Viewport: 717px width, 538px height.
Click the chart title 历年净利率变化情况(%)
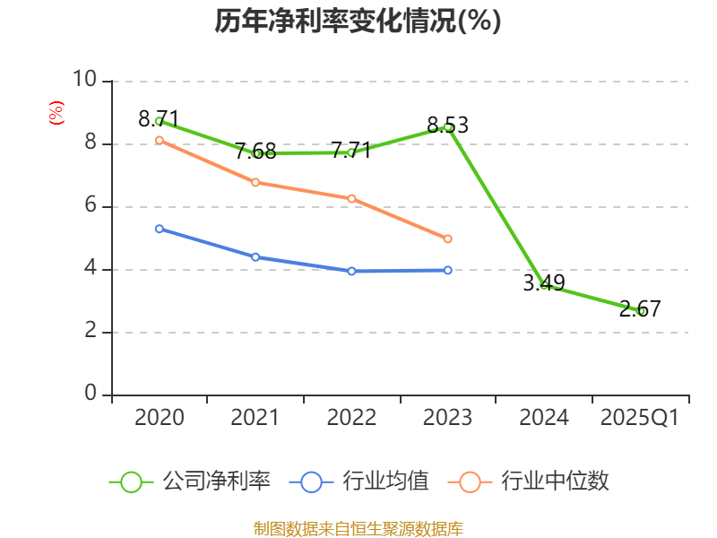[358, 21]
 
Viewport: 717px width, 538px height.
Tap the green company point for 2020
[159, 121]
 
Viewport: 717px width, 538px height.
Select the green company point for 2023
[448, 126]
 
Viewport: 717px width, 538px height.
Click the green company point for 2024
[544, 285]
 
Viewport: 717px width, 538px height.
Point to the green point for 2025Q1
[641, 310]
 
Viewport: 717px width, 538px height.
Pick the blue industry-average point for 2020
[159, 229]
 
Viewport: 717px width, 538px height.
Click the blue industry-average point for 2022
[351, 271]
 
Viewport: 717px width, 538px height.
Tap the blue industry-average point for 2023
[448, 270]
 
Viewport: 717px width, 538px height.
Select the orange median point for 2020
[159, 140]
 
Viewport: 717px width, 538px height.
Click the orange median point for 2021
[255, 182]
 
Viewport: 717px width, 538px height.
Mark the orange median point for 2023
[448, 239]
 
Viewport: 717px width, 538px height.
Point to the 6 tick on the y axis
[91, 206]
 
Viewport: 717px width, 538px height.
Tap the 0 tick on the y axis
[91, 395]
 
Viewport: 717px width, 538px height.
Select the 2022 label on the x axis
[351, 418]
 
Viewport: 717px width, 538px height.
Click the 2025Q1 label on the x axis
[640, 418]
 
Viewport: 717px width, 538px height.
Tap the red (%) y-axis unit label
[56, 113]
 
